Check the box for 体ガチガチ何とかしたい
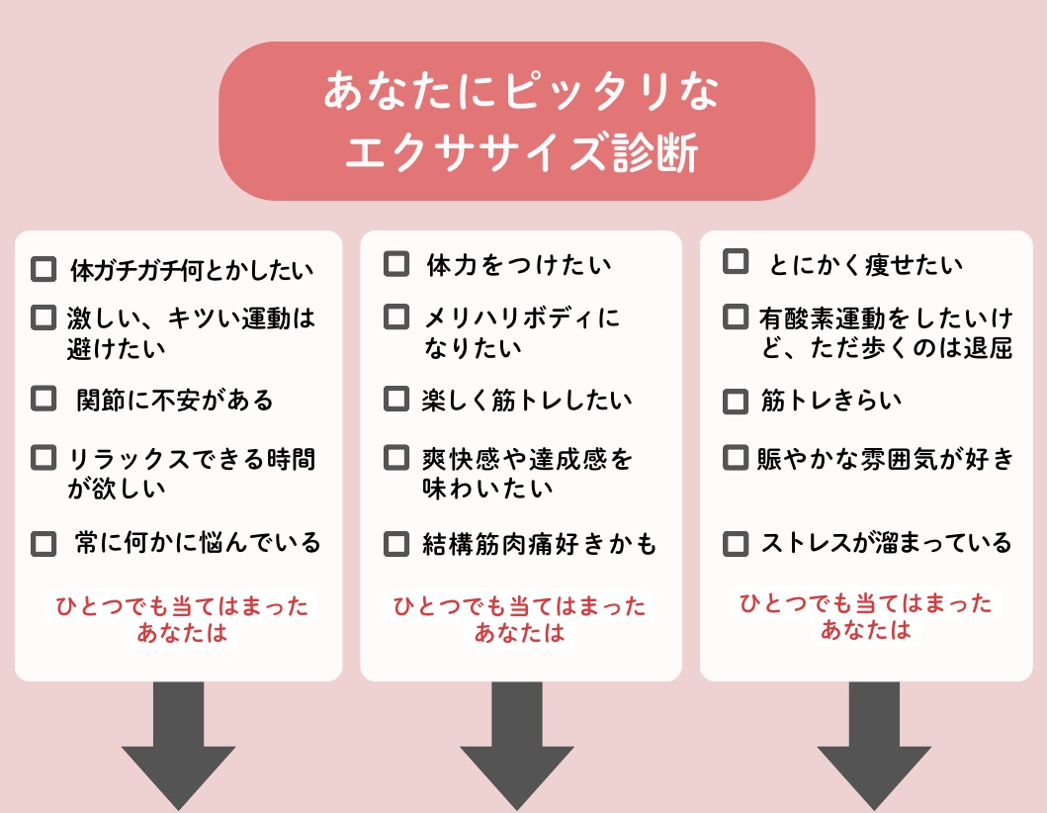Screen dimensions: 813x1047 [44, 269]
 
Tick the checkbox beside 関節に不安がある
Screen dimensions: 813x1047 [44, 399]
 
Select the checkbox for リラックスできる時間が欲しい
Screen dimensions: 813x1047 [44, 458]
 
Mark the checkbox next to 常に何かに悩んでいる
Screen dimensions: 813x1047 [44, 543]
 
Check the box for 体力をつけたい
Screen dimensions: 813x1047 [396, 264]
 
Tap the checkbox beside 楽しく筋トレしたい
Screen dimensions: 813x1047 [396, 399]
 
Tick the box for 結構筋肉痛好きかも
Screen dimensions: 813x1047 [396, 543]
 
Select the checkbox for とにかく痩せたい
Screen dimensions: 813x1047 [736, 262]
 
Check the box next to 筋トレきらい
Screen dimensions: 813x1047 [736, 401]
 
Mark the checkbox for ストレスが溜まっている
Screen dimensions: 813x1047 [736, 543]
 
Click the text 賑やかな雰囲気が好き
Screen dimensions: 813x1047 [886, 458]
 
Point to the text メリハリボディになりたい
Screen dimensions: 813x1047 [521, 332]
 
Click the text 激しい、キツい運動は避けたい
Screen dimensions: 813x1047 [190, 332]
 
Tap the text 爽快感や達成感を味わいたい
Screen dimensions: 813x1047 [528, 473]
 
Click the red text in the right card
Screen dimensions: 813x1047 [866, 616]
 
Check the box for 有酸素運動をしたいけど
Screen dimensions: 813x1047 [736, 317]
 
